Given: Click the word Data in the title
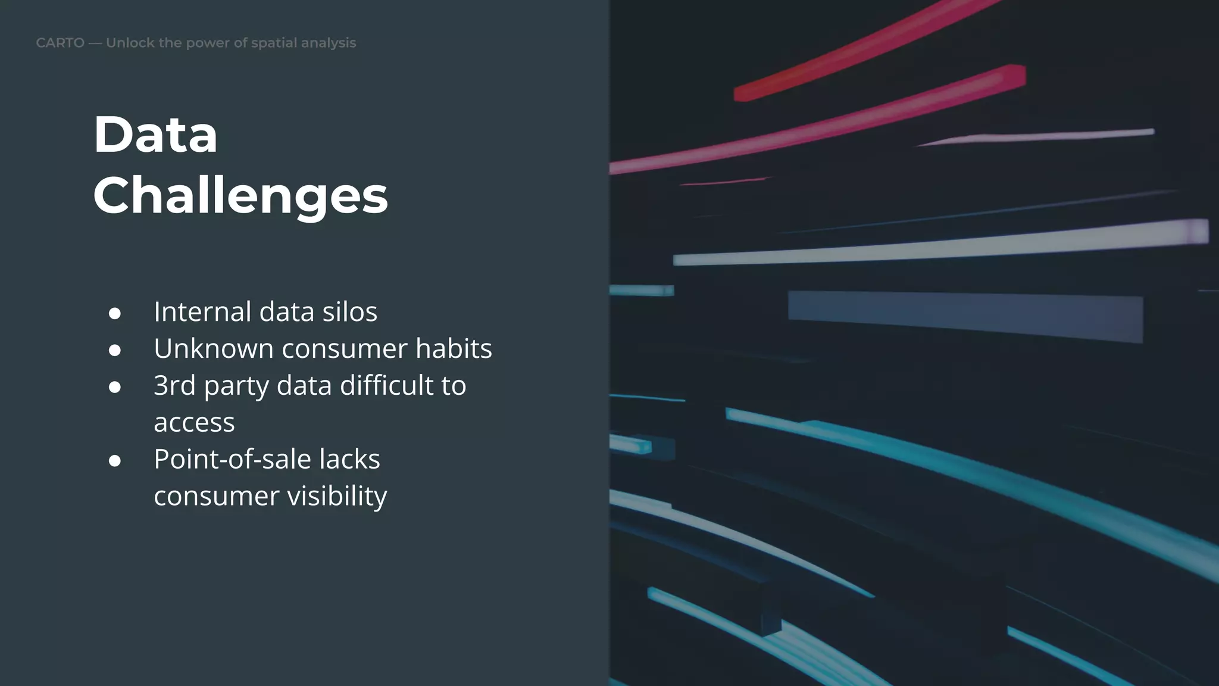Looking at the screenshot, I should point(155,135).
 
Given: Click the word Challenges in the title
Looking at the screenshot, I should point(240,196).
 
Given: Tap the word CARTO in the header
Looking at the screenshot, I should point(60,43).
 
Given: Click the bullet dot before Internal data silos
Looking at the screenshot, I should point(115,313).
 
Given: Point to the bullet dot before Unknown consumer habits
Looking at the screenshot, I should point(115,350).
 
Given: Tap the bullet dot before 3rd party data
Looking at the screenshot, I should point(115,387).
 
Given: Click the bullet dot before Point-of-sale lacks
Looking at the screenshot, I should point(115,461).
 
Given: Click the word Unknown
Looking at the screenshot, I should point(213,348).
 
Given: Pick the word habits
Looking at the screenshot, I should point(454,348).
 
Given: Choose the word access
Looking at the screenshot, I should point(194,423).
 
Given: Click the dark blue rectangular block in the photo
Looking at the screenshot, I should point(964,316).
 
